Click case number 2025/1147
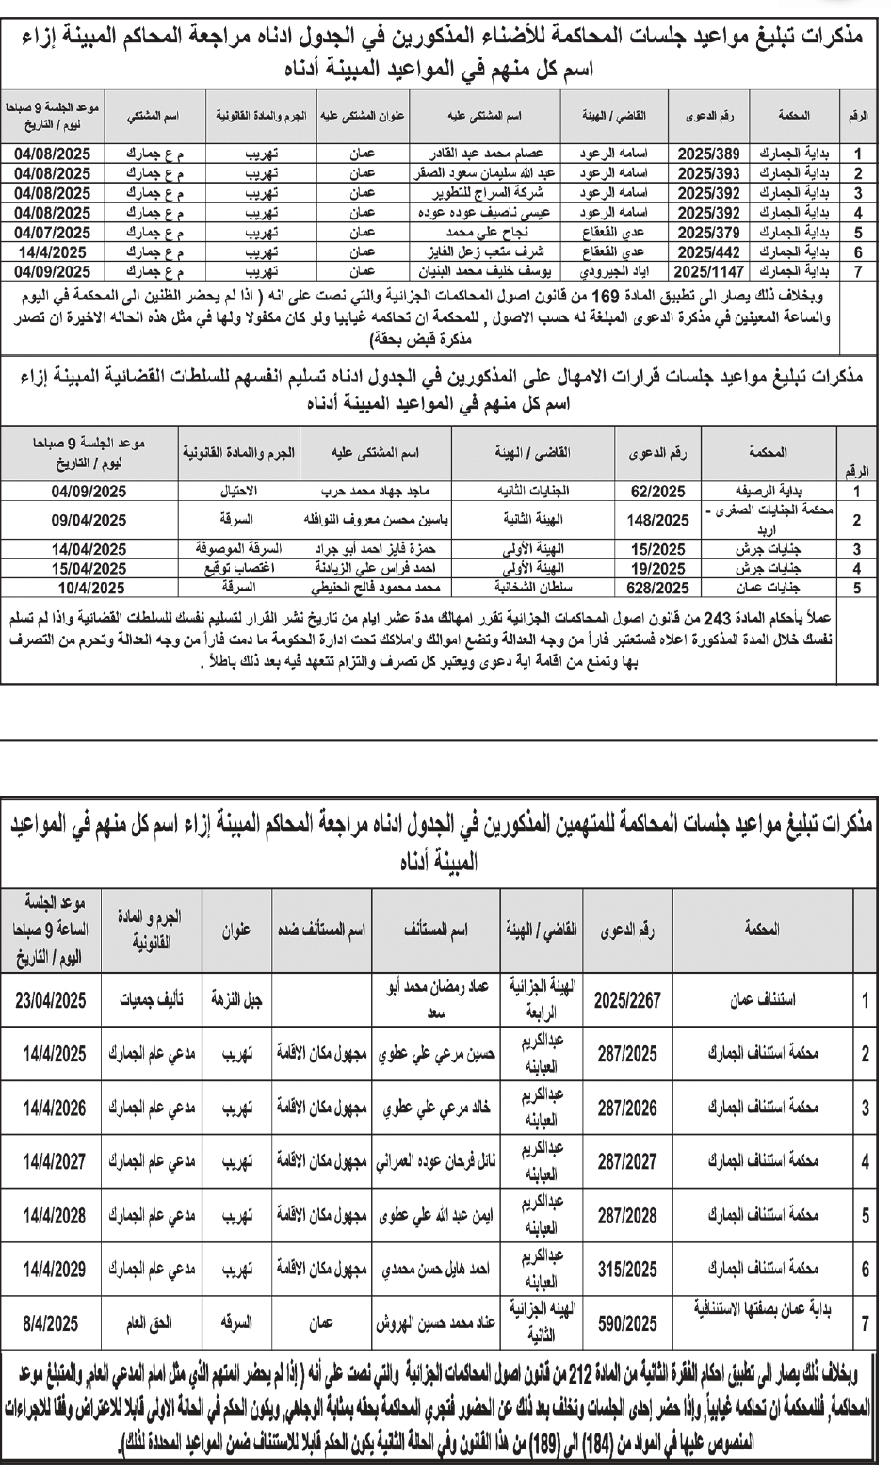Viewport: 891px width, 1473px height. pyautogui.click(x=710, y=270)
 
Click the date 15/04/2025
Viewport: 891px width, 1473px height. pyautogui.click(x=89, y=568)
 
